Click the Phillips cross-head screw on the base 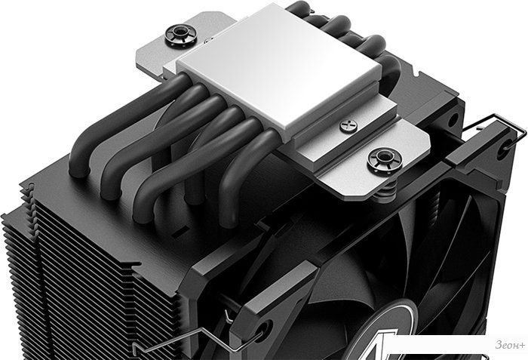point(348,125)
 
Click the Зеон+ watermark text point(510,345)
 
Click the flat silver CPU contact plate point(279,65)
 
